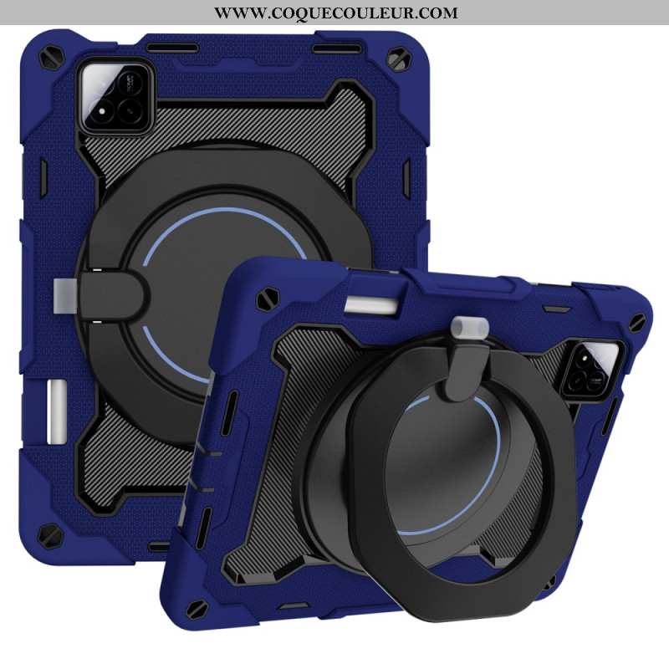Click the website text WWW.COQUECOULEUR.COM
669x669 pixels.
click(x=335, y=13)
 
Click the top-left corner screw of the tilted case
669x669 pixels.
click(x=269, y=295)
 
